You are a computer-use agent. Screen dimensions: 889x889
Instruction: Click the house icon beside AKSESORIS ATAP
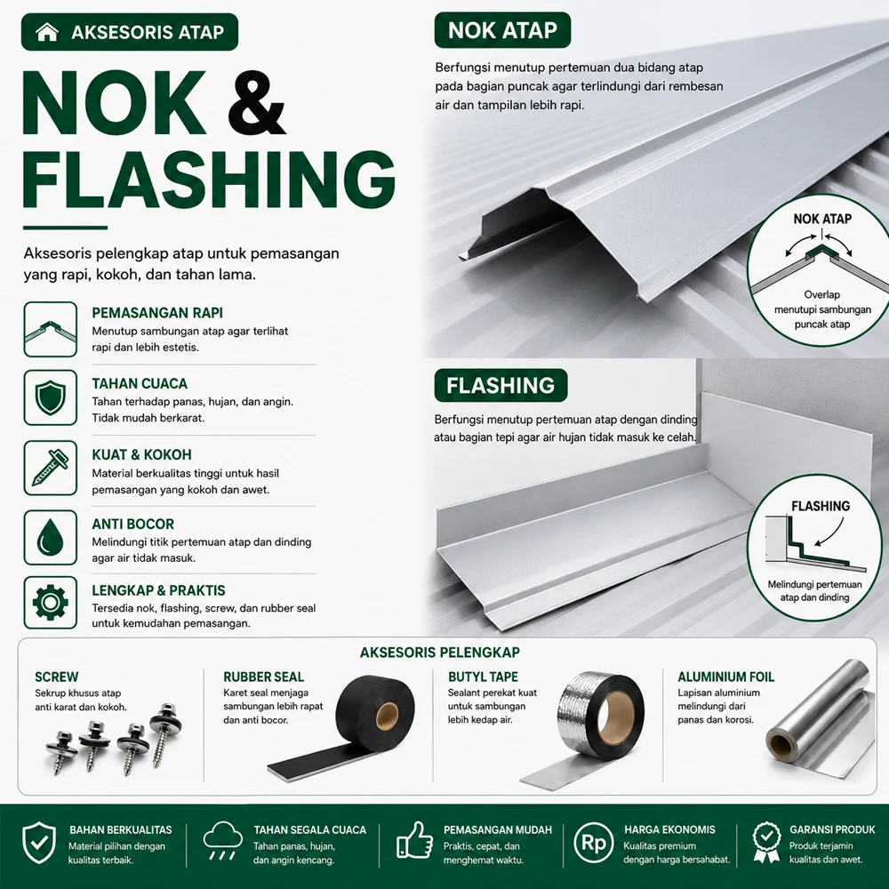[x=46, y=32]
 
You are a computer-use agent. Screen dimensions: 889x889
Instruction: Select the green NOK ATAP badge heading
[x=502, y=30]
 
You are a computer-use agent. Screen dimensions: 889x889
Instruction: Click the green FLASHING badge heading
[x=501, y=386]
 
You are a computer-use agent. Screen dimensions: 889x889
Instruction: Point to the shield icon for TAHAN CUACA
[x=51, y=397]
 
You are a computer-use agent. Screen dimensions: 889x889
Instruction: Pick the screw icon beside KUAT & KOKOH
[x=51, y=468]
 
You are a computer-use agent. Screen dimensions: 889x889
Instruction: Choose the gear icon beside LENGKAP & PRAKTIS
[x=51, y=602]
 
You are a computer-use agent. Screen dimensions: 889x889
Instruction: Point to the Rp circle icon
[x=594, y=843]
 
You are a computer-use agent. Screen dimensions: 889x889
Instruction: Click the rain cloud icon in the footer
[x=223, y=840]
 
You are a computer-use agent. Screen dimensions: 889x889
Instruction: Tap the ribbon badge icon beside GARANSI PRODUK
[x=766, y=843]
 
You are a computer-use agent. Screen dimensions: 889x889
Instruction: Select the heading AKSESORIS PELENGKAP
[x=440, y=653]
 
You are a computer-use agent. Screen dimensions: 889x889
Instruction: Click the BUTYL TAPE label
[x=483, y=677]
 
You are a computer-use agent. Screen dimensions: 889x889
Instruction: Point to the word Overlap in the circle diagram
[x=821, y=295]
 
